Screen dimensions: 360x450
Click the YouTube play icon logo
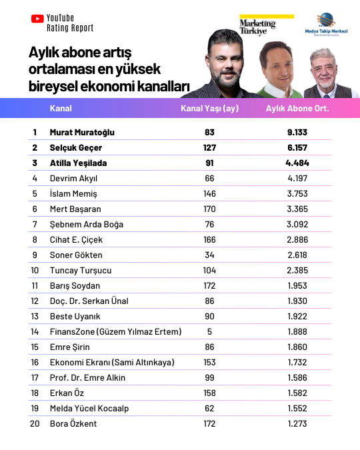point(37,19)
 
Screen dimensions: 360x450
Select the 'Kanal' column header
point(61,109)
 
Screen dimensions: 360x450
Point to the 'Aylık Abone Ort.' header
point(297,109)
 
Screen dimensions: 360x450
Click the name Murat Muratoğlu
point(82,132)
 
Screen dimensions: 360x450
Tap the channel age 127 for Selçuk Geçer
point(209,147)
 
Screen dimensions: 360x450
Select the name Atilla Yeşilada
point(79,163)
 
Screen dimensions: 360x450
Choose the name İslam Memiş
point(73,193)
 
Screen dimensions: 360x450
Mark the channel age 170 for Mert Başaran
point(209,209)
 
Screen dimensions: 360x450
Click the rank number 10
point(35,270)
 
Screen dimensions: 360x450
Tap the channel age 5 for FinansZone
point(209,331)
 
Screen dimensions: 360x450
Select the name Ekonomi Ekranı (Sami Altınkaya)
point(112,362)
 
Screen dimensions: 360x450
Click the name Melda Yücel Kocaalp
point(89,408)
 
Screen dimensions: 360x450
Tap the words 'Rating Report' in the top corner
point(70,29)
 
